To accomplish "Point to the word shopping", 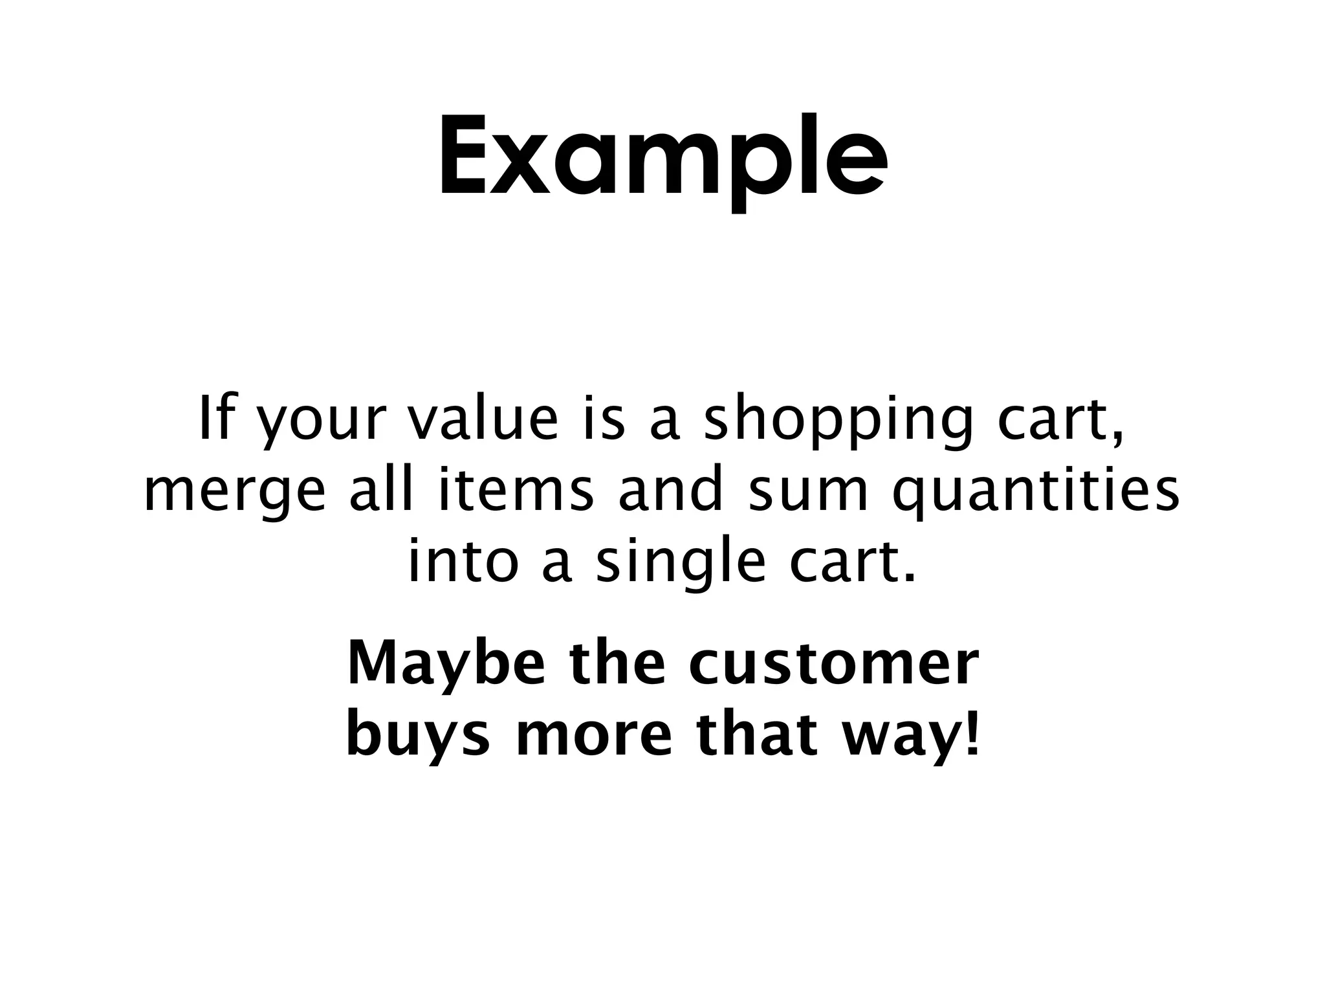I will [838, 422].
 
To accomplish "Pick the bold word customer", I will [833, 665].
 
